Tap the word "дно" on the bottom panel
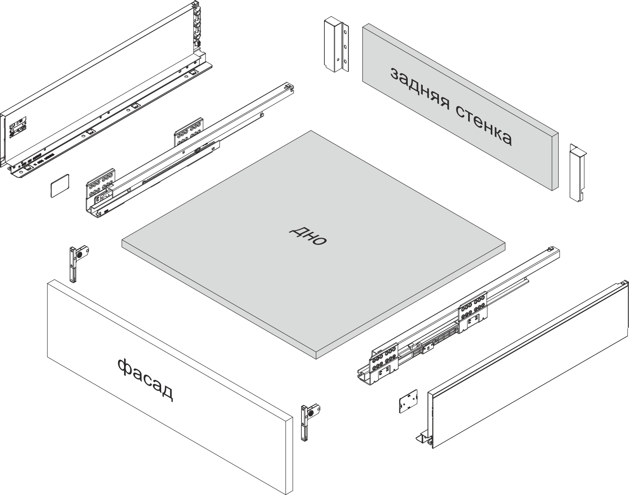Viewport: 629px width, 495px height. (308, 235)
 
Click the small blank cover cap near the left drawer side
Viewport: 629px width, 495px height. (60, 186)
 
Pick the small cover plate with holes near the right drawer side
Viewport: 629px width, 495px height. (408, 401)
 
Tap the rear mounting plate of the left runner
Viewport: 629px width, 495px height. (188, 132)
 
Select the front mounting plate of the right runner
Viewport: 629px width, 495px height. (384, 363)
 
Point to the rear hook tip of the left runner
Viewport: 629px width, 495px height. (289, 87)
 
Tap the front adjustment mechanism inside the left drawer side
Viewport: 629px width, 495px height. (18, 127)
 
